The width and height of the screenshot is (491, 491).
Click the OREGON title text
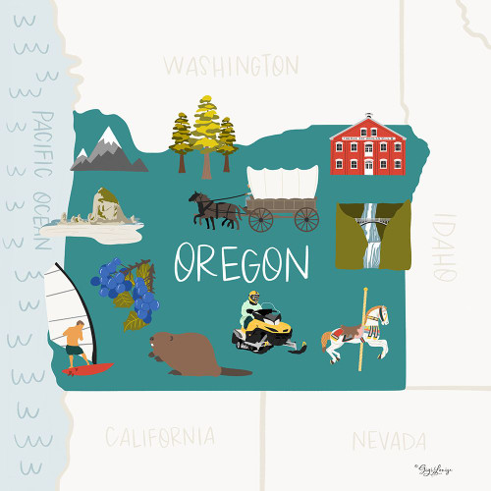pos(242,263)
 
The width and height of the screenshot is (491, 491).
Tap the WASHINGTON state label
pos(231,66)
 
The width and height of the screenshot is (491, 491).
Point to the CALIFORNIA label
pos(160,435)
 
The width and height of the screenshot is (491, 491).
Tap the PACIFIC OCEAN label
pos(40,182)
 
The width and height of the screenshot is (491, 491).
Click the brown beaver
pos(187,354)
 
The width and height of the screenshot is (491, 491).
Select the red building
pos(367,145)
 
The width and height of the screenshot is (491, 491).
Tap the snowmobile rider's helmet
pos(254,296)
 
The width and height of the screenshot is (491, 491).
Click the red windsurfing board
pos(87,369)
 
